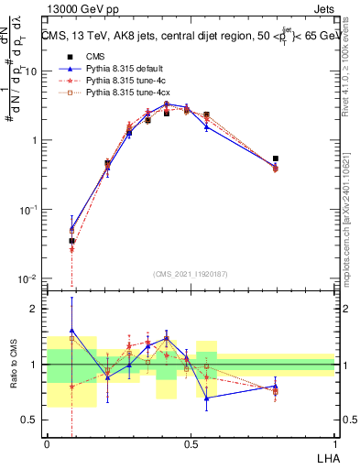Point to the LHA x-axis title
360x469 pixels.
click(326, 456)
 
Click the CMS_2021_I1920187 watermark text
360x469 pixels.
click(191, 274)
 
